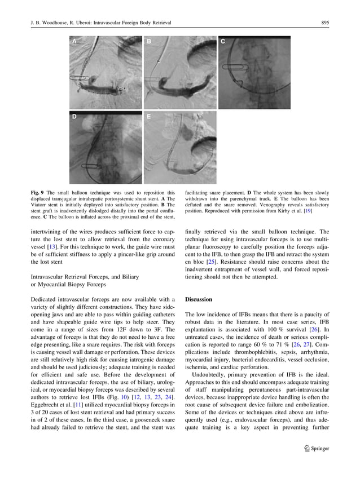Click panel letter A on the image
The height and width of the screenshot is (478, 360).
tap(74, 42)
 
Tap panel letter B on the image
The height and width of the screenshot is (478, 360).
tap(149, 42)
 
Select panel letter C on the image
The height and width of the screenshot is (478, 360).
tap(223, 42)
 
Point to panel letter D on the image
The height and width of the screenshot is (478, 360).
tap(74, 117)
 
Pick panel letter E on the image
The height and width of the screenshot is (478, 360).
tap(149, 117)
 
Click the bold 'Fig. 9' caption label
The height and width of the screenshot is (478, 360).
tap(38, 193)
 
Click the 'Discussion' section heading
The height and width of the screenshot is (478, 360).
tap(199, 299)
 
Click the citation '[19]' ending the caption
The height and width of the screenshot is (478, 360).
tap(308, 211)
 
